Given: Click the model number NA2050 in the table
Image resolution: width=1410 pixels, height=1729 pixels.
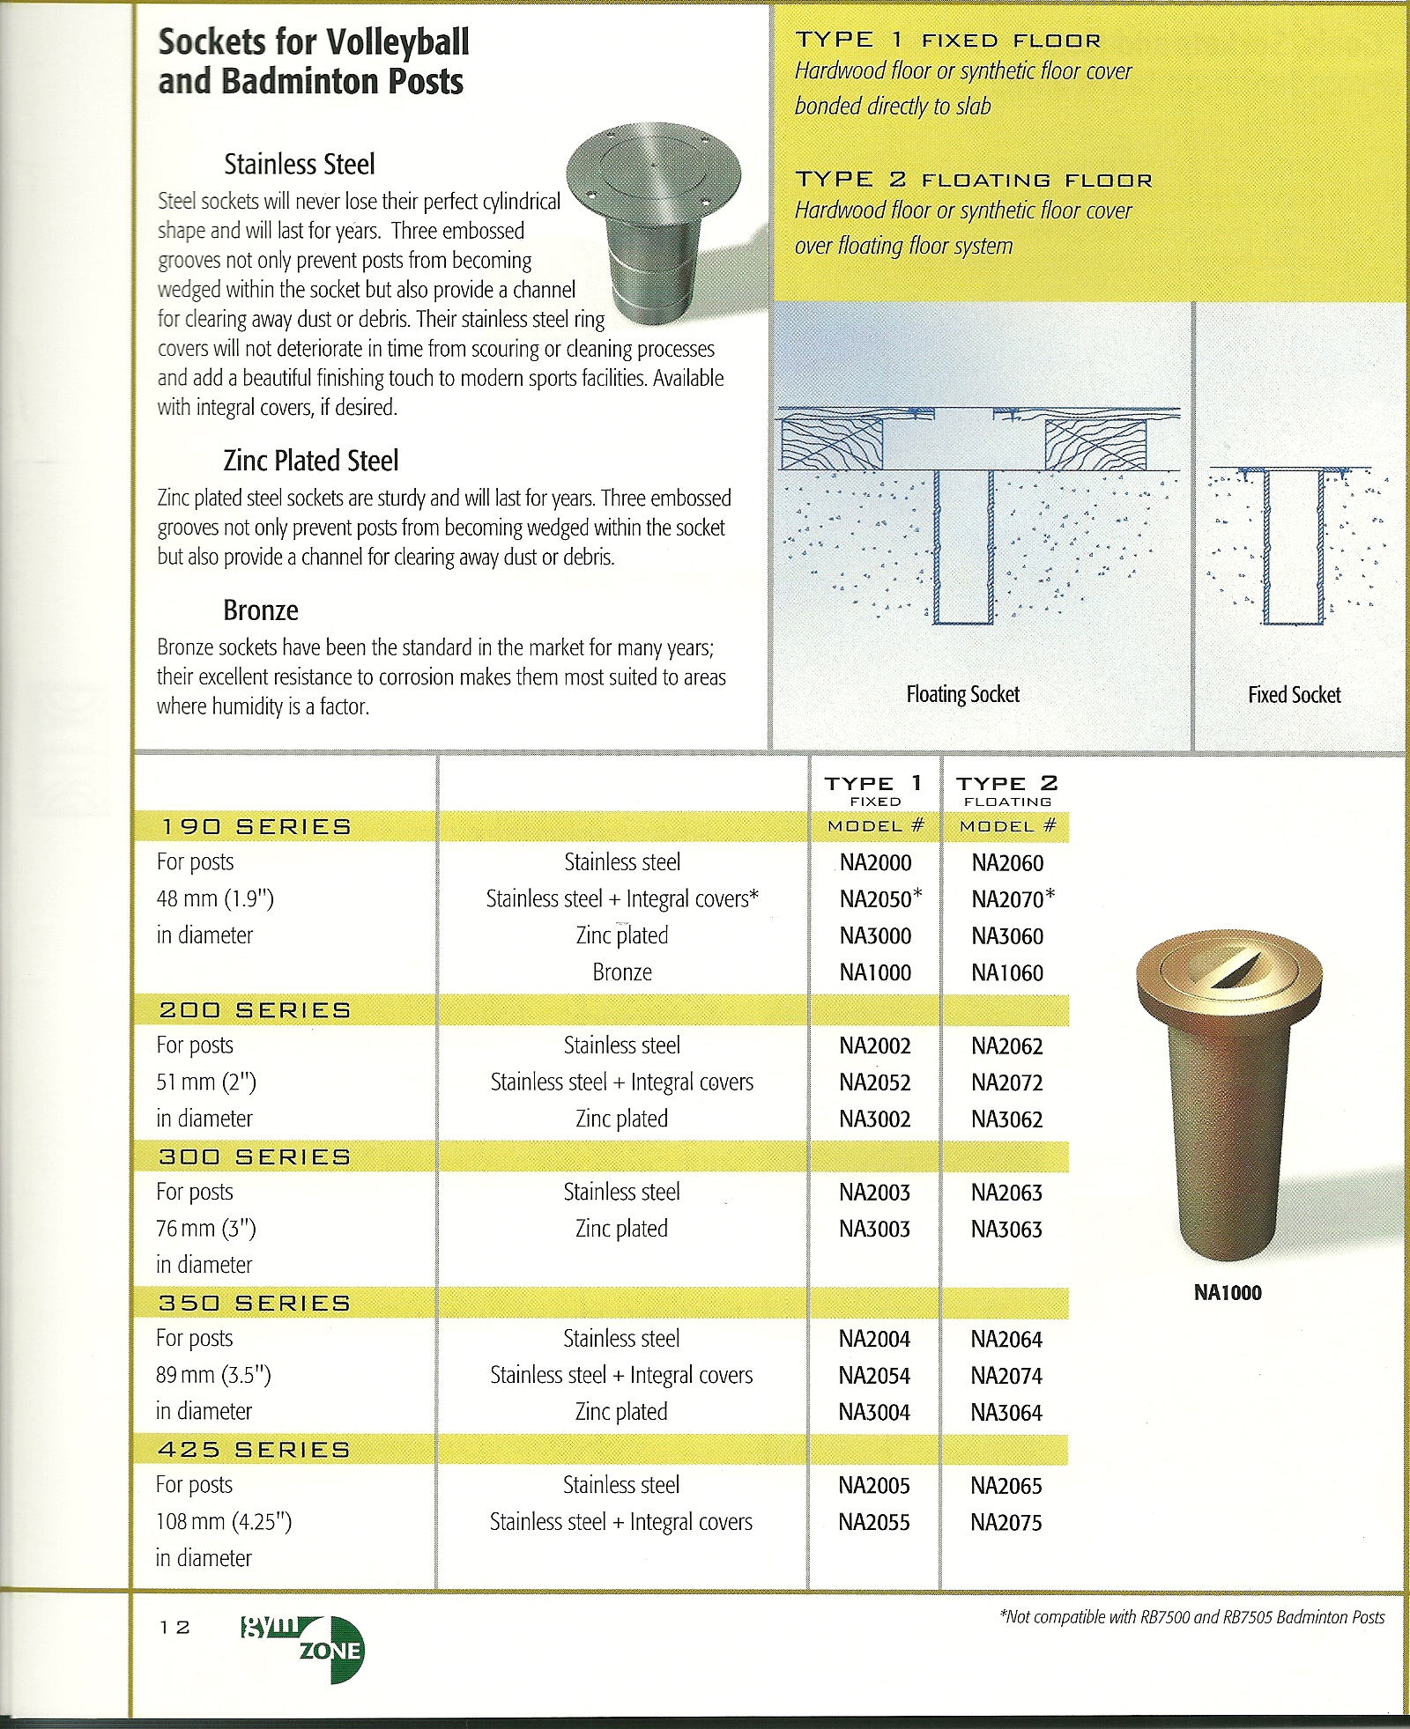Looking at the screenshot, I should click(876, 899).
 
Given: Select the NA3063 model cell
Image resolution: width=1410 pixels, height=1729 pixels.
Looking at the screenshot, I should click(1006, 1229).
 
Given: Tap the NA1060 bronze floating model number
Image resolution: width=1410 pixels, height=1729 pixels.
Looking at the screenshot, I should click(1007, 972).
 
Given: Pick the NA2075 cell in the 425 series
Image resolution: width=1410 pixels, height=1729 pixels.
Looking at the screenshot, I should click(1006, 1522).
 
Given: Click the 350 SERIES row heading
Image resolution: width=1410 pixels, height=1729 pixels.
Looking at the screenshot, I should click(255, 1303).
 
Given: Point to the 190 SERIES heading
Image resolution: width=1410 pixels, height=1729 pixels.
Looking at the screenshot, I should click(256, 826).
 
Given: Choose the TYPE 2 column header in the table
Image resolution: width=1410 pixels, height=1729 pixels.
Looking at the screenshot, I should click(1006, 783).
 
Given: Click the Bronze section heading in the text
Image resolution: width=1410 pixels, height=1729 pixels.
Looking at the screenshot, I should click(261, 610).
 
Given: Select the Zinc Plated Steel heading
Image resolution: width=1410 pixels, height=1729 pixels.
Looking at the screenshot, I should click(310, 460).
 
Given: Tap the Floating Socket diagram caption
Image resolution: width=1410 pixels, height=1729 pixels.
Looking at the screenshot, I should click(962, 694).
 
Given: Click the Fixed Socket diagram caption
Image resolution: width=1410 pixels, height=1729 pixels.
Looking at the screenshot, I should click(1294, 695).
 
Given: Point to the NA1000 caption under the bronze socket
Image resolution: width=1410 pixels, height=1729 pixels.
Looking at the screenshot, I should click(1228, 1292).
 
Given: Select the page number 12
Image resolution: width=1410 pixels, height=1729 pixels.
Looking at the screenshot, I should click(174, 1627).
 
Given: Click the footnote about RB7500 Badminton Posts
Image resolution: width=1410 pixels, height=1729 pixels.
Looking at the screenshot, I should click(1191, 1616).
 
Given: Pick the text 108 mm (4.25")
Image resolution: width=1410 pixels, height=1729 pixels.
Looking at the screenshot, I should click(224, 1521).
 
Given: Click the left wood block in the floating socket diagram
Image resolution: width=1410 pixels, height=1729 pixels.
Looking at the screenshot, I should click(832, 444).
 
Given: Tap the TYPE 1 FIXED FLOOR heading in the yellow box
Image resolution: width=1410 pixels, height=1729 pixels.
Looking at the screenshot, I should click(948, 41).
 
